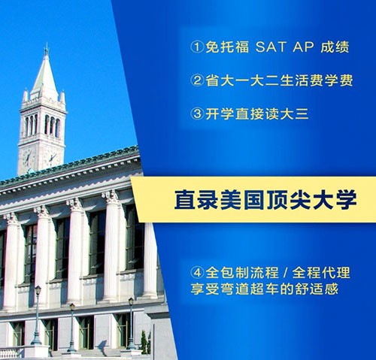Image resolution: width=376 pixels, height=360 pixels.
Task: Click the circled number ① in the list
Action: [197, 47]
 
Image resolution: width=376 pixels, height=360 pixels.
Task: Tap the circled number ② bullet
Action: [197, 80]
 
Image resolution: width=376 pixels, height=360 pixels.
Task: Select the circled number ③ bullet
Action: [197, 113]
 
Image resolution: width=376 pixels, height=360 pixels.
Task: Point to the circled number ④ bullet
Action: [197, 272]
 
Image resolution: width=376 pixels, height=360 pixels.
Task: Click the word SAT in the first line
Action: [271, 47]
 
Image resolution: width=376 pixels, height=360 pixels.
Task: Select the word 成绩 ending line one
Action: [335, 47]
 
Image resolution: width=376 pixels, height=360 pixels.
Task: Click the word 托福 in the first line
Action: [235, 47]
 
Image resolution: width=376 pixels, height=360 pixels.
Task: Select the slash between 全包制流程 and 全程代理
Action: [284, 272]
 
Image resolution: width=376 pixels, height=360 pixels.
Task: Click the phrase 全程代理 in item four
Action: [321, 272]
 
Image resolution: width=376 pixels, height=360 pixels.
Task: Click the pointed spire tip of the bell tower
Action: [46, 44]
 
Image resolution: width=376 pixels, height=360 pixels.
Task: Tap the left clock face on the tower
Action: [29, 158]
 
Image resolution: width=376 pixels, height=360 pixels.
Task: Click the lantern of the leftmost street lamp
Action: [38, 290]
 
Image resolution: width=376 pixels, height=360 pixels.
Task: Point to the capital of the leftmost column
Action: [11, 219]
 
